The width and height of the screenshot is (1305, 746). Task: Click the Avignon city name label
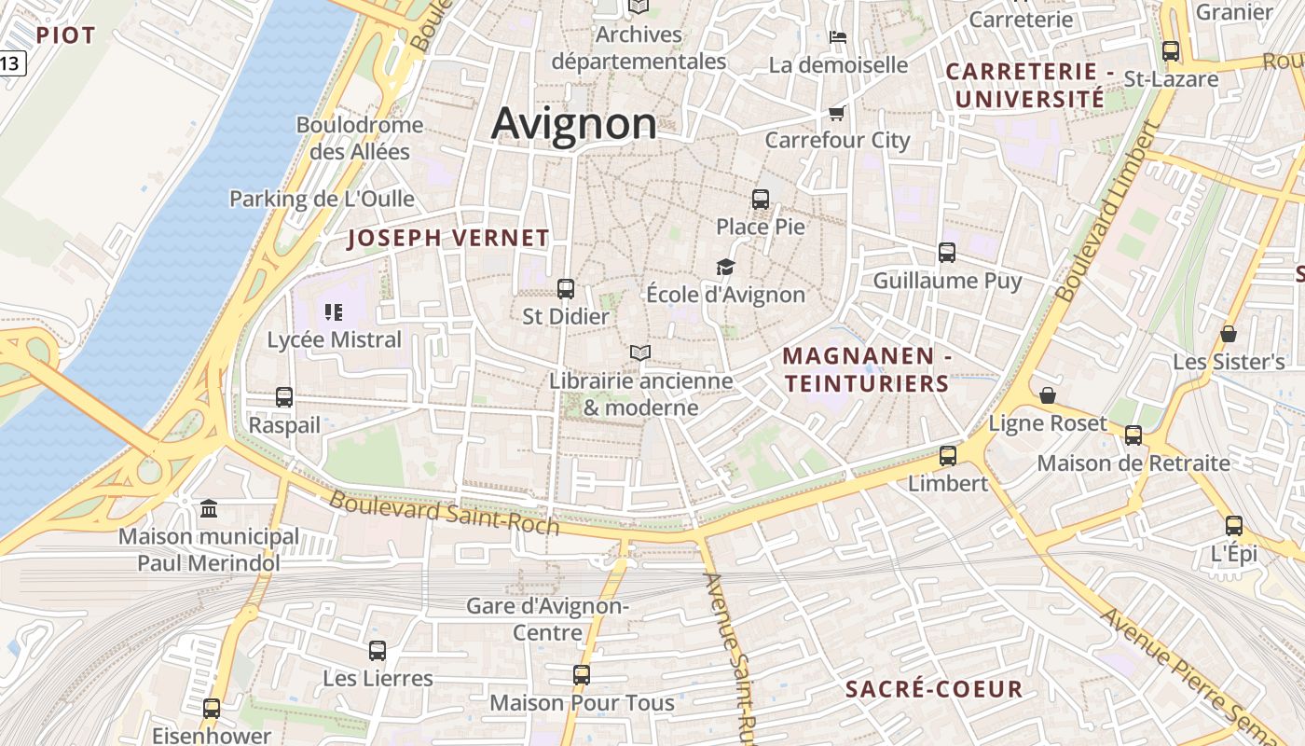point(573,124)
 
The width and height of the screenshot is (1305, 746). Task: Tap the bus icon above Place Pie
point(761,199)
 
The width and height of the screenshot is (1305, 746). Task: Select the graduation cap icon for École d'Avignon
point(725,268)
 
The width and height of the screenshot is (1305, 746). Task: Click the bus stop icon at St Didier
point(566,289)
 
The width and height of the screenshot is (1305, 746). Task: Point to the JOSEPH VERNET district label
point(448,238)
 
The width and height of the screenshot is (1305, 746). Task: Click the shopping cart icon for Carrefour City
point(836,114)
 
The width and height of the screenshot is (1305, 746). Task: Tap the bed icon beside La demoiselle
point(838,38)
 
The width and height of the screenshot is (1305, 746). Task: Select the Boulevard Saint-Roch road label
point(445,514)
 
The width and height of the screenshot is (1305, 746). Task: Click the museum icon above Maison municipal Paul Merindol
point(210,509)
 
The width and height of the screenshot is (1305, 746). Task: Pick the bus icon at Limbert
point(948,456)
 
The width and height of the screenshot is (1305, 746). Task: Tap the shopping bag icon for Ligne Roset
point(1048,395)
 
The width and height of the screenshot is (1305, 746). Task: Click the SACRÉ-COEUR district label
point(934,690)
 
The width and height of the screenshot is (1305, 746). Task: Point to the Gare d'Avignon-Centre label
point(548,619)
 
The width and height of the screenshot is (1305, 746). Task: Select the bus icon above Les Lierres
point(378,651)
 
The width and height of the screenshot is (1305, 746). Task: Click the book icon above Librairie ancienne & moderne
point(639,353)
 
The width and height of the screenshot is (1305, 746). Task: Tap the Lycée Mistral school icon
point(334,311)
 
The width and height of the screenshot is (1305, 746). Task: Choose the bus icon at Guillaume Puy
point(947,253)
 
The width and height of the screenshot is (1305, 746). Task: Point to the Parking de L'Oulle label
point(322,199)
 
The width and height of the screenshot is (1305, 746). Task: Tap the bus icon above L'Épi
point(1234,526)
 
